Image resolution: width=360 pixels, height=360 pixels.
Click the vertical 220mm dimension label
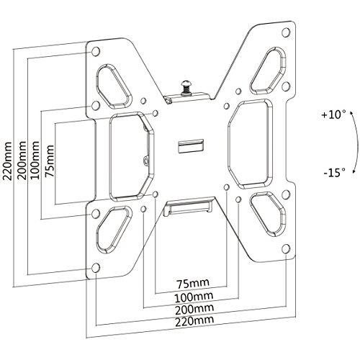7,161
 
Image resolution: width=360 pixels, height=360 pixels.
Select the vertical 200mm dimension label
22,161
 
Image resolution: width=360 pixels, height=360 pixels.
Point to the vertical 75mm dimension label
50,161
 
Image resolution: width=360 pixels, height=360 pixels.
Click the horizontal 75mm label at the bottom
193,284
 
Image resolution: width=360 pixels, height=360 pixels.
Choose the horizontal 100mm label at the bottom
194,297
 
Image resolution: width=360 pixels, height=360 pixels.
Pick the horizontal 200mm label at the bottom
194,310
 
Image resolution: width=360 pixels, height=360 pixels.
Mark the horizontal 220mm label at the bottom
194,321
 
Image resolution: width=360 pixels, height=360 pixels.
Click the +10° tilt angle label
334,114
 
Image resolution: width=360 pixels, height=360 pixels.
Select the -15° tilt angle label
334,172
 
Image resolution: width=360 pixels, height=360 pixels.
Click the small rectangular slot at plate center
191,145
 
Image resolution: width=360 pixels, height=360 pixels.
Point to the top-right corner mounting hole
286,32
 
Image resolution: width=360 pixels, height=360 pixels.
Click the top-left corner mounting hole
96,51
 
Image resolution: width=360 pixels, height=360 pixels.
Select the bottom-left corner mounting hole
96,268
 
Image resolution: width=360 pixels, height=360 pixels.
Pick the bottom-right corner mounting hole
286,249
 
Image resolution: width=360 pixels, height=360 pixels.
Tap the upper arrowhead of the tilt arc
351,113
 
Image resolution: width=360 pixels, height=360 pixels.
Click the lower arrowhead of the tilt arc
354,171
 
